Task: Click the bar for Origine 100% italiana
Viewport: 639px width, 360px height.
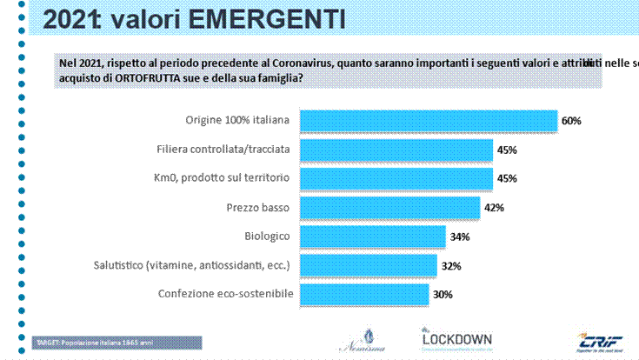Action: click(x=426, y=121)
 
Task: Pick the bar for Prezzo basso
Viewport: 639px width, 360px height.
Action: click(x=388, y=208)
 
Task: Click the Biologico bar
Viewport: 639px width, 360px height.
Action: click(x=370, y=237)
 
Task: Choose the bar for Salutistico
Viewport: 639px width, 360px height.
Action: click(x=366, y=265)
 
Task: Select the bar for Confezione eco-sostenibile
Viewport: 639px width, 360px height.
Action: click(x=362, y=295)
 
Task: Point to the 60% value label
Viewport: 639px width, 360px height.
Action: click(x=570, y=121)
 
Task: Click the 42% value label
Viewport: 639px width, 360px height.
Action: click(x=493, y=208)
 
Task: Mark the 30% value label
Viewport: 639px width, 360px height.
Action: click(x=443, y=295)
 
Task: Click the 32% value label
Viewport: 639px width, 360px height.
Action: click(x=450, y=266)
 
